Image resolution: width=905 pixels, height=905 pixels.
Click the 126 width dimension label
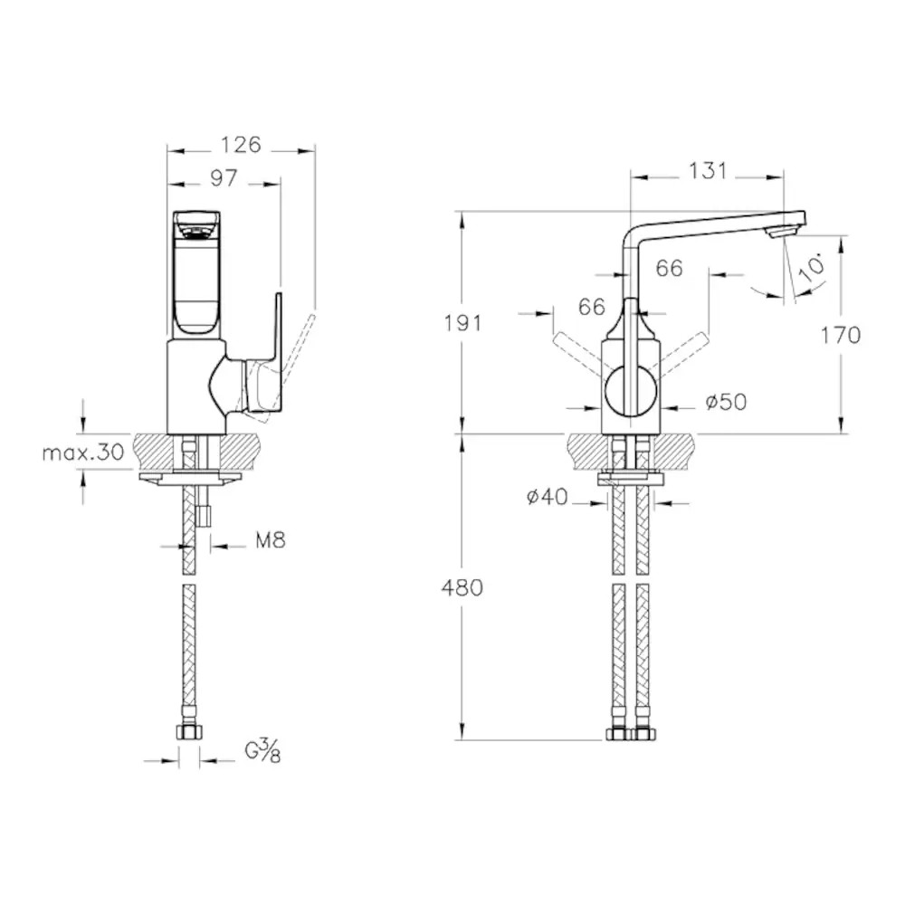tap(241, 144)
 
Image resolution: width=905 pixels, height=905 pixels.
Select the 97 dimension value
tap(224, 177)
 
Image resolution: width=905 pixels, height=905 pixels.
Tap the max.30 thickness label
tap(83, 452)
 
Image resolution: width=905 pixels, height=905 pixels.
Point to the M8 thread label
tap(271, 541)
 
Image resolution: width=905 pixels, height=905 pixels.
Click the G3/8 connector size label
tap(262, 750)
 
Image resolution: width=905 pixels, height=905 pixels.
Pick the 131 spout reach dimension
tap(708, 171)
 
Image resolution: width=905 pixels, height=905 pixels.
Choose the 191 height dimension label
tap(462, 323)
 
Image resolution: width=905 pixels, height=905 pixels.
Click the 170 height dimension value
tap(841, 335)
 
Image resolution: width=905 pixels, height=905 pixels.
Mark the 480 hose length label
tap(462, 587)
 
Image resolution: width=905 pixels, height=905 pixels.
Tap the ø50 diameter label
tap(726, 402)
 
